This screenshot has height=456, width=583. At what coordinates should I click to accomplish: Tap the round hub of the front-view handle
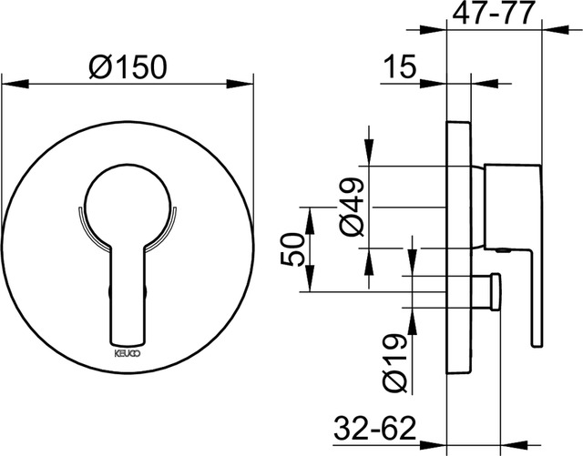click(127, 204)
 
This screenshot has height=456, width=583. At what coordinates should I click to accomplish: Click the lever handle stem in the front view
click(127, 291)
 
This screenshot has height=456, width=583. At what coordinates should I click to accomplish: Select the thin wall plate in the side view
click(457, 246)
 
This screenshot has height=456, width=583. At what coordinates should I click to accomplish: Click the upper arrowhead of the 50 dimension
click(311, 212)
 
